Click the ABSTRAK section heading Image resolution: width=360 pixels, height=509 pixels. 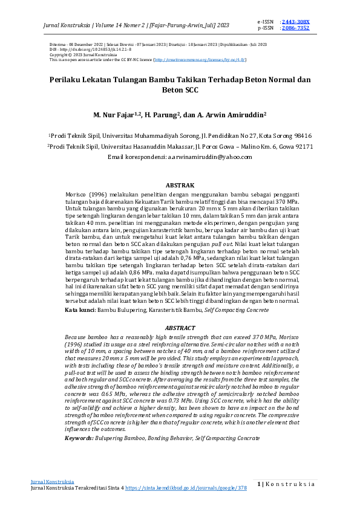point(180,184)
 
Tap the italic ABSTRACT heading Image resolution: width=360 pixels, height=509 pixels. point(180,327)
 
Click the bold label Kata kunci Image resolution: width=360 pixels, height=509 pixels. point(80,310)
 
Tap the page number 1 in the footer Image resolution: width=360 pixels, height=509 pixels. point(259,484)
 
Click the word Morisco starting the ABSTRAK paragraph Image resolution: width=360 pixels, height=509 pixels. point(77,192)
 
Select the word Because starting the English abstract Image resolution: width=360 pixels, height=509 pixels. point(77,336)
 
